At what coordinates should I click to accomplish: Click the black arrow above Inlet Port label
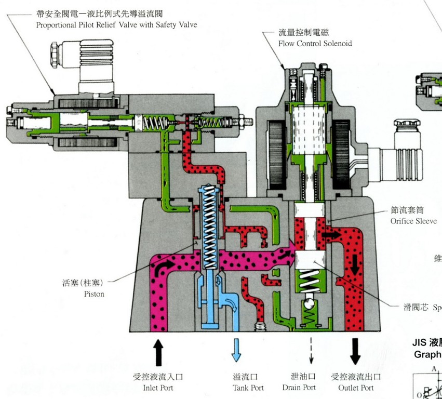(x=159, y=351)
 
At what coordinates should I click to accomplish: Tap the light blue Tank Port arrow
(x=236, y=351)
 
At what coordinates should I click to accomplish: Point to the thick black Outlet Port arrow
(x=355, y=351)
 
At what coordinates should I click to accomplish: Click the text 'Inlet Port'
(x=158, y=388)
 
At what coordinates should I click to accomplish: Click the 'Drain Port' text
(x=299, y=388)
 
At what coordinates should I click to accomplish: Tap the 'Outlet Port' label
(x=356, y=388)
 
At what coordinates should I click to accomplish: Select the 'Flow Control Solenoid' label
(x=315, y=44)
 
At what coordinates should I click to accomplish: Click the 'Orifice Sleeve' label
(x=413, y=221)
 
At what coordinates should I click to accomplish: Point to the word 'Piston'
(x=94, y=294)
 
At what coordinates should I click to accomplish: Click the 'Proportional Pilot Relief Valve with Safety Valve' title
(x=117, y=24)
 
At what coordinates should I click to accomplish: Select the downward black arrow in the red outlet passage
(x=355, y=265)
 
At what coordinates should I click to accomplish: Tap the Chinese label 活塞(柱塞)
(x=83, y=283)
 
